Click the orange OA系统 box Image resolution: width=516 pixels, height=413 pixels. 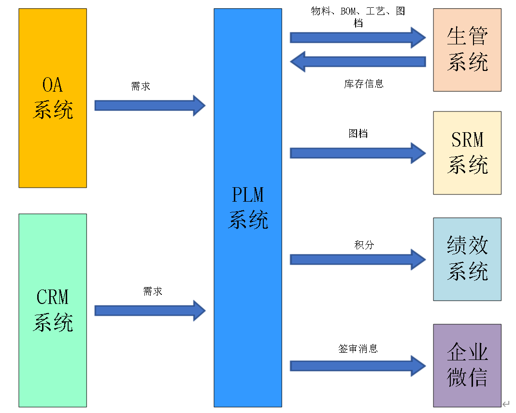point(53,98)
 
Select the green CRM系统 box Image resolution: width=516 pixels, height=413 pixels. point(53,310)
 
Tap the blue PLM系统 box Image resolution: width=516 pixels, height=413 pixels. point(248,207)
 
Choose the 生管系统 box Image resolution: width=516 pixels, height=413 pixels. point(467,50)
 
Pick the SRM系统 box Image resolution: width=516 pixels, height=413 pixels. point(467,153)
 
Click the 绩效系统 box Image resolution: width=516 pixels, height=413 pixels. point(467,259)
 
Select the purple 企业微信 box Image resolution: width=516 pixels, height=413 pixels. point(467,365)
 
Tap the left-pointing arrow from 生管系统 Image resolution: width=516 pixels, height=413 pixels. point(358,61)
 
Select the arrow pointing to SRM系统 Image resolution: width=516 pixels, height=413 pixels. point(358,153)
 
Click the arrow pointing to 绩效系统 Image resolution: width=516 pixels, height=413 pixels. point(358,260)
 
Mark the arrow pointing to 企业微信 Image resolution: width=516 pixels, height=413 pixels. point(358,366)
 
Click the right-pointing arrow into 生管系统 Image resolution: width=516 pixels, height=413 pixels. point(358,38)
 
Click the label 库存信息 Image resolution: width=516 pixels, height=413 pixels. point(364,84)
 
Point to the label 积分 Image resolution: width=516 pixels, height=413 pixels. point(364,245)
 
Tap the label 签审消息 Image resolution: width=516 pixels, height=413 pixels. point(358,348)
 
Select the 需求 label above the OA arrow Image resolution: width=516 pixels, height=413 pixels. point(141,87)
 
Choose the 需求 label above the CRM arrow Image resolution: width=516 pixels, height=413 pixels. point(153,291)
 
